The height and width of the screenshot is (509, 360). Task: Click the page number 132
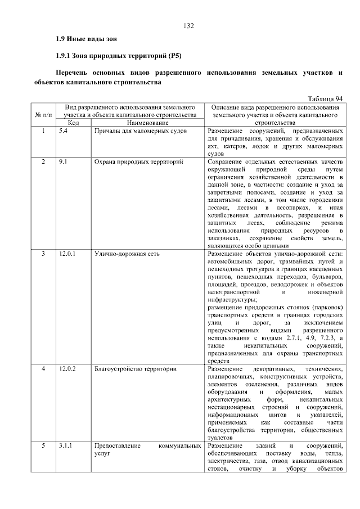point(188,26)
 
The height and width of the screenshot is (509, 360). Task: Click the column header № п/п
point(44,114)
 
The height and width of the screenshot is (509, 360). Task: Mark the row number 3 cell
point(44,254)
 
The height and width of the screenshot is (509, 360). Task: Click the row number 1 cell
point(44,130)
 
